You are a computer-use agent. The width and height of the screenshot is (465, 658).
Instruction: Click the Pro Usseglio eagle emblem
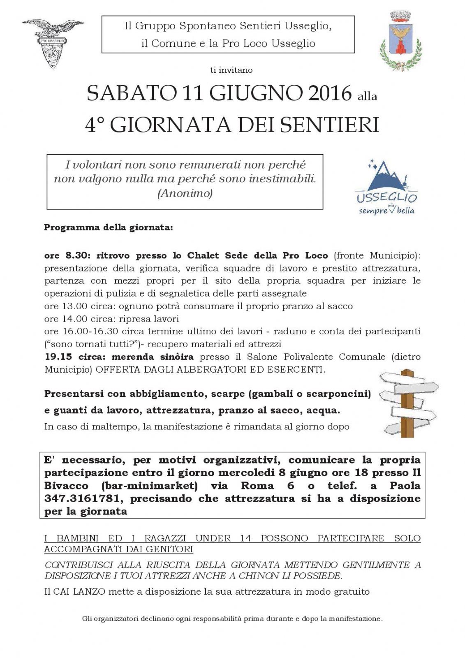point(53,42)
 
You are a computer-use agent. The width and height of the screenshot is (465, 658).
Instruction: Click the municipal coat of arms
point(400,41)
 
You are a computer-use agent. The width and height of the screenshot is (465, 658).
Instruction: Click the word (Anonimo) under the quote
point(185,193)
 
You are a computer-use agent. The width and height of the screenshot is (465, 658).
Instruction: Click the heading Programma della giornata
point(109,227)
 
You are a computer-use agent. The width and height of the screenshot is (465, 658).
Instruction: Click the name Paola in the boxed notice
point(405,486)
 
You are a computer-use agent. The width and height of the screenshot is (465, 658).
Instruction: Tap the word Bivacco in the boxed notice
point(66,486)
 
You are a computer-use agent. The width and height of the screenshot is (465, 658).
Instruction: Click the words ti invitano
point(231,70)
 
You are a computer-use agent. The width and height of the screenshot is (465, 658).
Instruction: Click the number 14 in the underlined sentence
point(245,538)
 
